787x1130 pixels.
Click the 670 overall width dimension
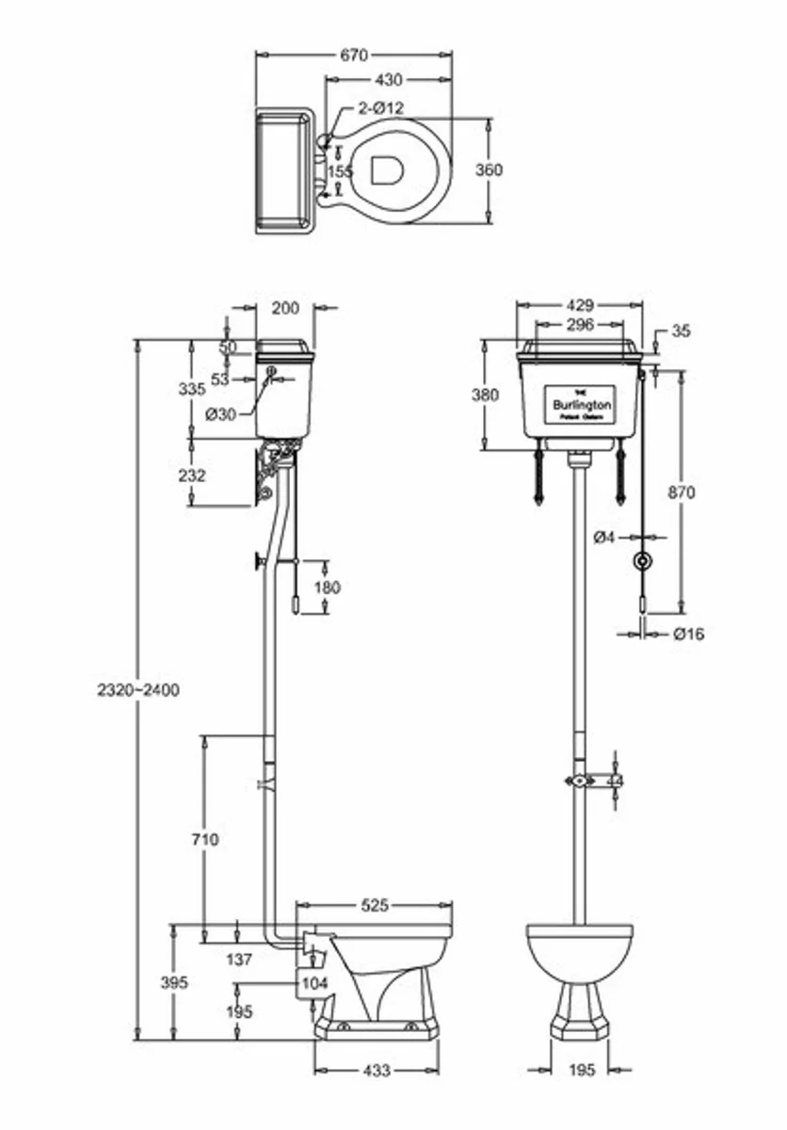coord(353,56)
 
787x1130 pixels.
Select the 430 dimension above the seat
coord(388,81)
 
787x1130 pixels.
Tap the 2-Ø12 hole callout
coord(380,108)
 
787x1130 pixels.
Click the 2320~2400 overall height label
coord(137,689)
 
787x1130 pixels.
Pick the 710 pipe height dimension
coord(204,839)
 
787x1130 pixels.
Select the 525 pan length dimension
coord(375,906)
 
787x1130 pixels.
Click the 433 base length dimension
coord(376,1071)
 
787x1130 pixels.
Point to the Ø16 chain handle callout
coord(689,634)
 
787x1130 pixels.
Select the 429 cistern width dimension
coord(581,305)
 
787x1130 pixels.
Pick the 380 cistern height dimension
coord(486,395)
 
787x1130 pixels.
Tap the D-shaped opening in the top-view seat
coord(386,169)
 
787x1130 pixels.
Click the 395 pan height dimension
coord(174,982)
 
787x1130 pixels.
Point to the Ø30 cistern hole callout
coord(221,414)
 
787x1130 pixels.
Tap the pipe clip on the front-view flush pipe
coord(580,780)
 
